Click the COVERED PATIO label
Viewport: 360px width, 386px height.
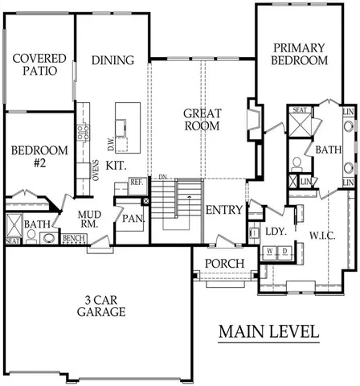click(x=34, y=64)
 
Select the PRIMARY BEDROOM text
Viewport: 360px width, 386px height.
click(x=299, y=54)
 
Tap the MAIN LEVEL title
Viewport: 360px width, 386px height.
click(x=269, y=331)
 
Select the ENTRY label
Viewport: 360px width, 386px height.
click(x=224, y=210)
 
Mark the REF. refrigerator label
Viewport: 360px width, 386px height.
click(x=137, y=183)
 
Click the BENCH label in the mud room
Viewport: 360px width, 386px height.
click(x=74, y=239)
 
